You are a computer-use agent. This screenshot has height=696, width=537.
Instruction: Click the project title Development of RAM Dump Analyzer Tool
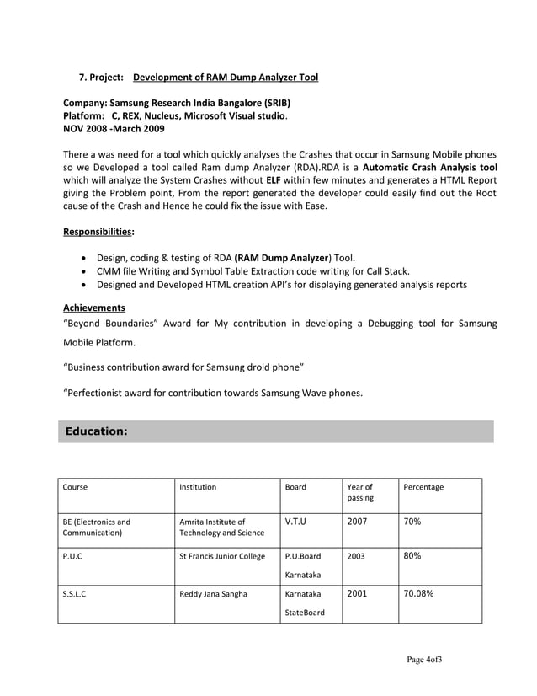pos(226,78)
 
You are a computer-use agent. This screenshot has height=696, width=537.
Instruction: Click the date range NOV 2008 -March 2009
pos(114,129)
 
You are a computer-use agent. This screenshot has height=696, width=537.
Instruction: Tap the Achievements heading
pos(94,308)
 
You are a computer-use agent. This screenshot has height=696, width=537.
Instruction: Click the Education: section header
pos(97,431)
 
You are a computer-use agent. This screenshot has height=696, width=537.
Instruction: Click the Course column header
pos(75,487)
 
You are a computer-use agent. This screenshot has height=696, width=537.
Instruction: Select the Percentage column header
pos(423,487)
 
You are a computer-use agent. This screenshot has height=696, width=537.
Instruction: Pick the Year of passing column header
pos(360,492)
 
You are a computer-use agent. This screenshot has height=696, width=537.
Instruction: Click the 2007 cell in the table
pos(357,522)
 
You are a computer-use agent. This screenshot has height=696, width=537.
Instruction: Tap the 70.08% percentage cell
pos(419,593)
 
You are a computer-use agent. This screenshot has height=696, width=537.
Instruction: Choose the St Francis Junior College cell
pos(222,557)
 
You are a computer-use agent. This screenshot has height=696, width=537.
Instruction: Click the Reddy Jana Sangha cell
pos(214,594)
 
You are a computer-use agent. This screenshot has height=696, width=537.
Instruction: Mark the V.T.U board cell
pos(295,522)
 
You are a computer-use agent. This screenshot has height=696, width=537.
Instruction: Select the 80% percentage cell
pos(412,556)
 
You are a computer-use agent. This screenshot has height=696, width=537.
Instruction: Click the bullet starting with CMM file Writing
pos(253,270)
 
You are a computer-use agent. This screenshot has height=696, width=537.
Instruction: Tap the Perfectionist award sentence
pos(213,392)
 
